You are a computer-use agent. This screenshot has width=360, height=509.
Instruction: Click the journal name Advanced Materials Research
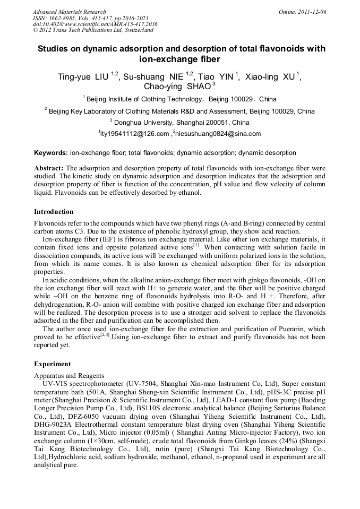[69, 12]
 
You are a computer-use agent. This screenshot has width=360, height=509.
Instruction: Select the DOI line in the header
[95, 24]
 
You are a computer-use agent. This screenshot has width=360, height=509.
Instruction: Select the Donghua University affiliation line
[179, 122]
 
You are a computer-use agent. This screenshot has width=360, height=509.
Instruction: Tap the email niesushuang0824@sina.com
[218, 134]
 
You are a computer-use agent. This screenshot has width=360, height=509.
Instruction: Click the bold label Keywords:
[51, 153]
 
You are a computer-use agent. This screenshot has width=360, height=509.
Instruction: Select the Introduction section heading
[54, 212]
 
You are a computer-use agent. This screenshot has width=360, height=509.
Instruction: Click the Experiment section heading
[52, 364]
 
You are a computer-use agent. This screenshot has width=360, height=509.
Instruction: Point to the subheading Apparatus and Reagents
[69, 375]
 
